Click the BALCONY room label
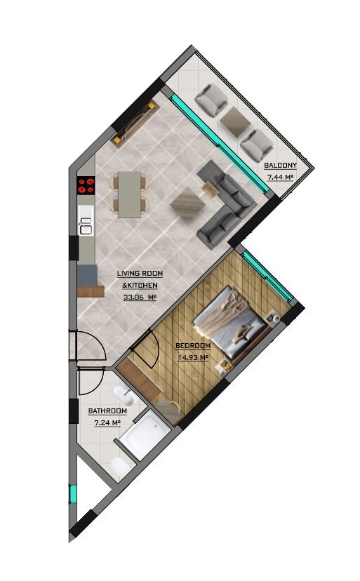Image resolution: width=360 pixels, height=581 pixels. pyautogui.click(x=280, y=166)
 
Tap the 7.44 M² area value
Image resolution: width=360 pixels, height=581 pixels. pyautogui.click(x=280, y=177)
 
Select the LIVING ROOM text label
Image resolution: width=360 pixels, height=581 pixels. pyautogui.click(x=140, y=274)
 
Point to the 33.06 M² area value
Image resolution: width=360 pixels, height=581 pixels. pyautogui.click(x=140, y=297)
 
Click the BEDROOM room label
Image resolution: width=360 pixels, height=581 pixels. pyautogui.click(x=193, y=346)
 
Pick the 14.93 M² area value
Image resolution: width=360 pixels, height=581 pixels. pyautogui.click(x=193, y=358)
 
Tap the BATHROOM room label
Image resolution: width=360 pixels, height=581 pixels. pyautogui.click(x=107, y=411)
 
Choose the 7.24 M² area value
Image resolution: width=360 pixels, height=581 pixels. pyautogui.click(x=107, y=423)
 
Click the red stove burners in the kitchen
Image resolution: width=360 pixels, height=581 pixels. pyautogui.click(x=86, y=185)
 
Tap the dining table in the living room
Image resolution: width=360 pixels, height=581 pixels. pyautogui.click(x=129, y=194)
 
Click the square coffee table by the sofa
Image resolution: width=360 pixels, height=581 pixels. pyautogui.click(x=187, y=203)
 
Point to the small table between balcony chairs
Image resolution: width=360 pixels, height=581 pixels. pyautogui.click(x=234, y=121)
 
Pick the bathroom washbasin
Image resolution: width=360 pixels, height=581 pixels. pyautogui.click(x=124, y=396)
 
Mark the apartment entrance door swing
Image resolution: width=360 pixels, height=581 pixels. pyautogui.click(x=97, y=342)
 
